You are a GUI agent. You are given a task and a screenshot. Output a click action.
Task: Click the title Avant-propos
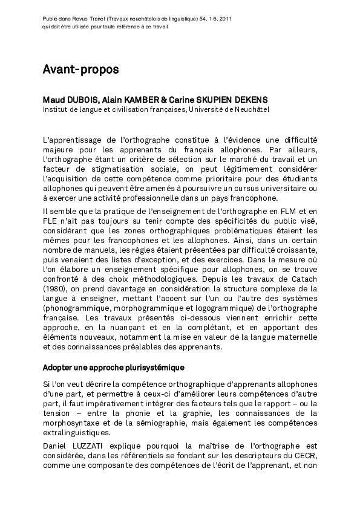click(80, 70)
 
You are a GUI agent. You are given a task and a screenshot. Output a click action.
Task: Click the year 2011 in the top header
click(224, 19)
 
